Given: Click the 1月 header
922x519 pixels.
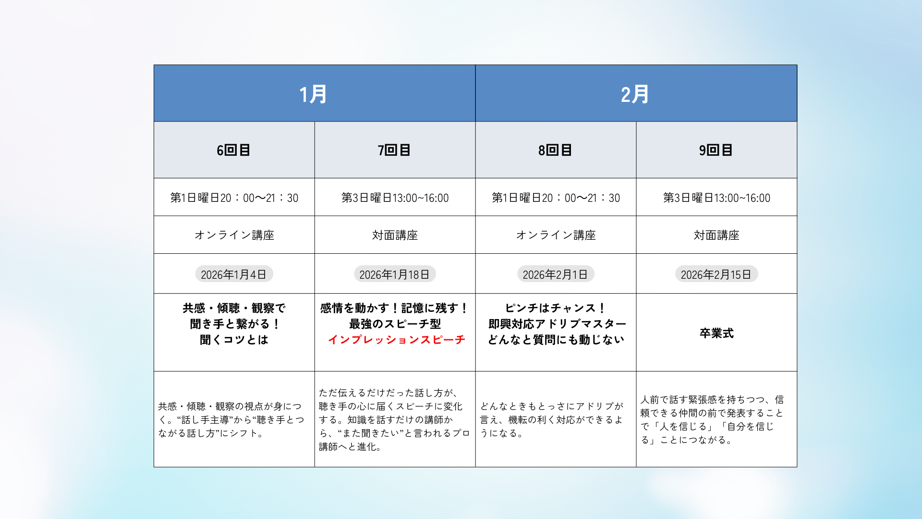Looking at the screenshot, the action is click(313, 94).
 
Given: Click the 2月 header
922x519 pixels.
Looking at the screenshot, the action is click(635, 94).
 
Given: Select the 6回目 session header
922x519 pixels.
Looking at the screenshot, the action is click(233, 150).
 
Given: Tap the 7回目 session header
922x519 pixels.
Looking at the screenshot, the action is click(394, 150).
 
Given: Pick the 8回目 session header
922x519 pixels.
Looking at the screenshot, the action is click(555, 150).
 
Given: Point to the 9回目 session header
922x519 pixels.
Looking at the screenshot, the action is click(716, 150).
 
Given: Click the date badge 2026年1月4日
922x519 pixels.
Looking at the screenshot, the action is click(234, 274).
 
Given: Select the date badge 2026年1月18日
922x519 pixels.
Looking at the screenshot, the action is click(395, 274).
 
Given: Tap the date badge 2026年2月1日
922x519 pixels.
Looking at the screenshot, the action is click(556, 274).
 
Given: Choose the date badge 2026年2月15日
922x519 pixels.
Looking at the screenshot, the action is click(716, 274).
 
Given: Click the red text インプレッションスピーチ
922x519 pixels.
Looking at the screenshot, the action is click(397, 340).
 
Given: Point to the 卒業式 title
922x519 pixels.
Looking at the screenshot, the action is click(716, 333).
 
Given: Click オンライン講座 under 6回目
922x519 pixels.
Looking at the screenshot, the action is click(234, 235).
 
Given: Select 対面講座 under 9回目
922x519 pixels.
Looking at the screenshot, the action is click(716, 235).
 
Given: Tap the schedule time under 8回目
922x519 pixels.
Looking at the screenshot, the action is click(556, 198).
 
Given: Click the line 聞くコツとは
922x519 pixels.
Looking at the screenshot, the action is click(234, 340).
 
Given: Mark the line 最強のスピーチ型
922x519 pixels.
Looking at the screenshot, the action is click(395, 324).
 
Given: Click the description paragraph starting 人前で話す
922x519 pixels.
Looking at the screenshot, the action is click(712, 420).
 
